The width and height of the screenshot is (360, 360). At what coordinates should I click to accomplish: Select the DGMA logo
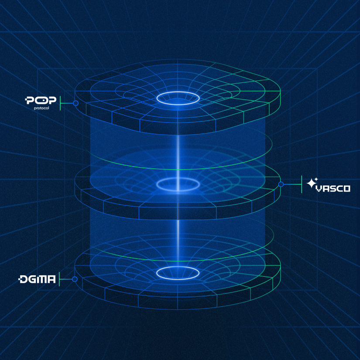[x=37, y=279]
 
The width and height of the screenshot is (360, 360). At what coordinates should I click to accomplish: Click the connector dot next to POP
[x=75, y=103]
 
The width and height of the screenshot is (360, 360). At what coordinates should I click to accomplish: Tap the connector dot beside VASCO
[x=281, y=185]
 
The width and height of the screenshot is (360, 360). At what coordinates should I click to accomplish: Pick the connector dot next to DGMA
[x=75, y=279]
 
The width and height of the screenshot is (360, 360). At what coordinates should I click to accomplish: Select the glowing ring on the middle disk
[x=178, y=185]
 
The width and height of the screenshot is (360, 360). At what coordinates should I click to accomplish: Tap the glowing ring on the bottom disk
[x=178, y=273]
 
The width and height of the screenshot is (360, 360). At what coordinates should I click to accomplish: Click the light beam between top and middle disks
[x=178, y=153]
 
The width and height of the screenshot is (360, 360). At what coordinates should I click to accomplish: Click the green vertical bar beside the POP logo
[x=60, y=103]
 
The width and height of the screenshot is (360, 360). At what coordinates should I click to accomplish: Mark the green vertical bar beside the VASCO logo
[x=302, y=185]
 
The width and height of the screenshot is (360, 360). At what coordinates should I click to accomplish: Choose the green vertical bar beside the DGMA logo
[x=59, y=279]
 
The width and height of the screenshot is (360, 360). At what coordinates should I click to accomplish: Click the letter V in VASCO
[x=319, y=189]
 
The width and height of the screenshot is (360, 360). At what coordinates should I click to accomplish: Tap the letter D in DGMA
[x=23, y=279]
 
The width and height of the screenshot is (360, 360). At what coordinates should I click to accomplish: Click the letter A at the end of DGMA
[x=51, y=279]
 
